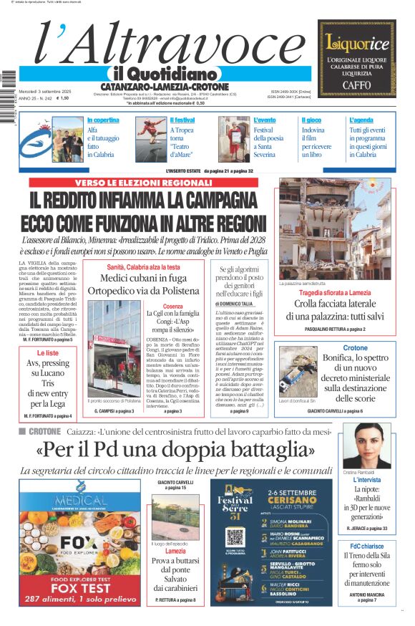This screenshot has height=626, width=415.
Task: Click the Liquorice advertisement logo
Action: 356,42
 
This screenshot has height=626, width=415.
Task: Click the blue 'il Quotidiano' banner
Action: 165,74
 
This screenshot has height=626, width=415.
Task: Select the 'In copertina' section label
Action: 103,120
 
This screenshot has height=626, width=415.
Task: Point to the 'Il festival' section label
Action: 182,120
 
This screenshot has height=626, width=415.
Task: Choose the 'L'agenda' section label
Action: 361,120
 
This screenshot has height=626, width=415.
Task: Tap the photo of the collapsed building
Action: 335,228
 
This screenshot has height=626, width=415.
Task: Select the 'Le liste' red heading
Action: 47,353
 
